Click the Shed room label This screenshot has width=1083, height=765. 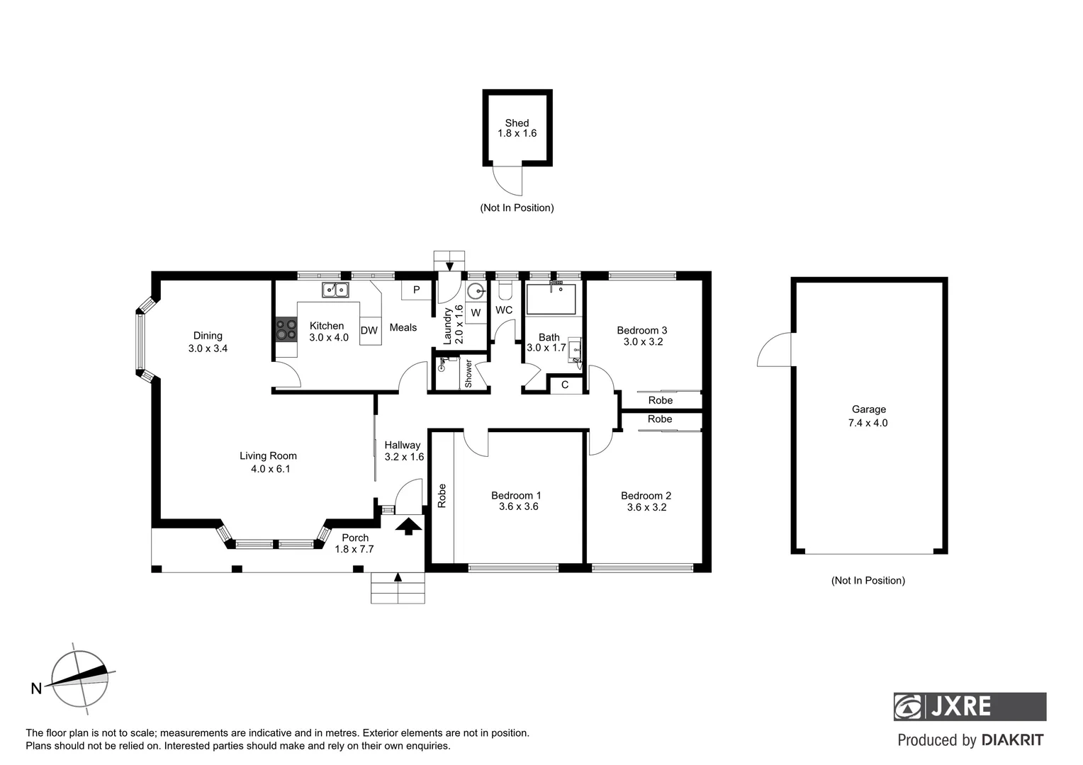tap(517, 123)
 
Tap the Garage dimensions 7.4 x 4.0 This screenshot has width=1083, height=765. tap(868, 423)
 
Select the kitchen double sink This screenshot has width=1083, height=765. tap(335, 289)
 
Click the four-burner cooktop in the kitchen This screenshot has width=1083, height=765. tap(286, 329)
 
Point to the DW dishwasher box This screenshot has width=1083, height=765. tap(369, 331)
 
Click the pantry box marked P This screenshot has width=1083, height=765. tap(416, 290)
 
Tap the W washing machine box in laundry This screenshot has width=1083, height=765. tap(476, 312)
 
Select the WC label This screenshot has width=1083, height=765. tap(504, 310)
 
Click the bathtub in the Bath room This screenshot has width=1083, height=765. tap(551, 299)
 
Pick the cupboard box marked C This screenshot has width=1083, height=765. tap(565, 385)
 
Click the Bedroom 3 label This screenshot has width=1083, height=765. tap(641, 330)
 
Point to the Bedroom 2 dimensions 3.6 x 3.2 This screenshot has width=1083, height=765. tap(646, 507)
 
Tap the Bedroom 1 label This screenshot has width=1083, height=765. tap(516, 495)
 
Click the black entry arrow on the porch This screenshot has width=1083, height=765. tap(408, 526)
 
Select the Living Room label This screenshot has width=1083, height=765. tap(268, 455)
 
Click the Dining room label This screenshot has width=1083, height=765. tap(208, 336)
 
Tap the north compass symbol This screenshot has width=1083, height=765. tap(80, 679)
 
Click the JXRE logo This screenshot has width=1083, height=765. tap(969, 706)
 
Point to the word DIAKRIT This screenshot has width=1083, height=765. tap(1012, 740)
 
